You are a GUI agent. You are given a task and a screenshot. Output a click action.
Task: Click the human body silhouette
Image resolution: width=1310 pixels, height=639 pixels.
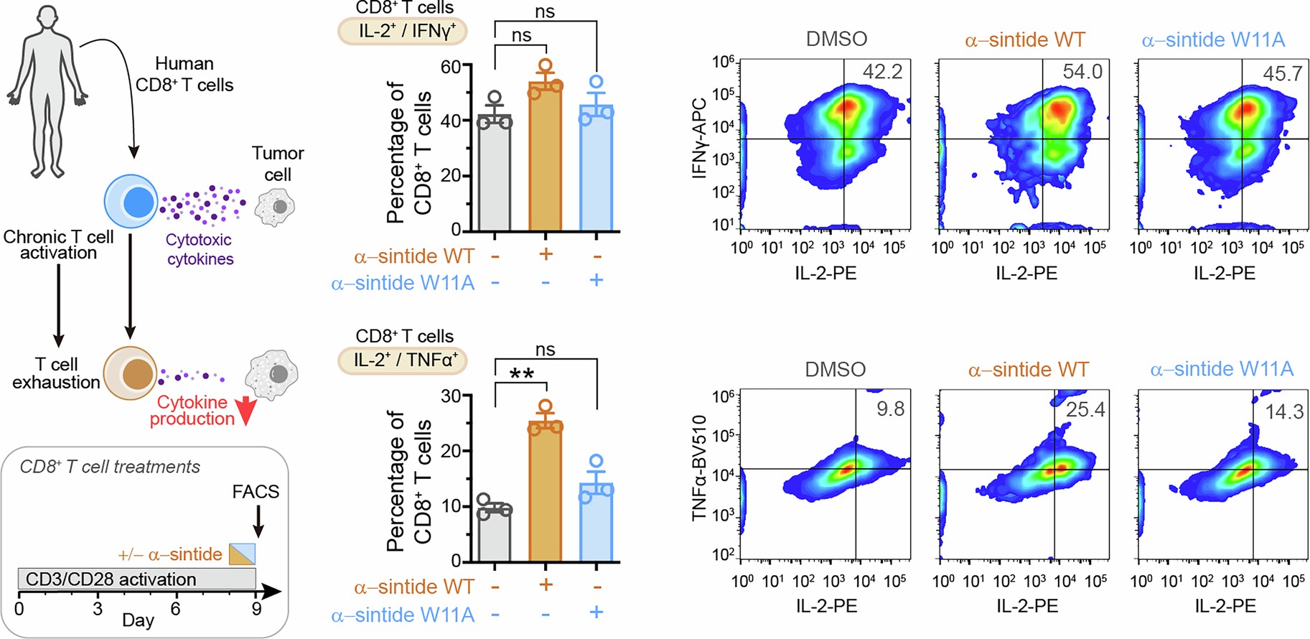(x=47, y=90)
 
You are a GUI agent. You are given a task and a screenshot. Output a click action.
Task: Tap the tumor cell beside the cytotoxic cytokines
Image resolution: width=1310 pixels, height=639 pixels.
(x=275, y=207)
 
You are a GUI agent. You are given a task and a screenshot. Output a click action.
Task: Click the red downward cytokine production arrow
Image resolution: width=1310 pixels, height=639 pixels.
(x=245, y=411)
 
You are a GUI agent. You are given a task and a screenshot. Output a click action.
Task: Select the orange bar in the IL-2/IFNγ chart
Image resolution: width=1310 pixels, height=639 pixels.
(x=546, y=158)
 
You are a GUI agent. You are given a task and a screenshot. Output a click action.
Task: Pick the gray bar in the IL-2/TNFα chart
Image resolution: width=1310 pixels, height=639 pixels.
(x=495, y=535)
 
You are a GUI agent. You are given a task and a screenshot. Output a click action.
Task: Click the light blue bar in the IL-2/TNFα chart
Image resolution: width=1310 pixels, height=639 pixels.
(x=596, y=524)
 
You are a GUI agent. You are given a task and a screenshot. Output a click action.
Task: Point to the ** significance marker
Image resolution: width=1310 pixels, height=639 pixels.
(x=522, y=375)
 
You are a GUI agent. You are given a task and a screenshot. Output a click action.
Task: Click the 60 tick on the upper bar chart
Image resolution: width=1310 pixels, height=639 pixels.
(x=452, y=66)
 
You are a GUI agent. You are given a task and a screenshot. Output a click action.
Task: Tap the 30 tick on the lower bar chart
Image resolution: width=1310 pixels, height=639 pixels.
(x=452, y=396)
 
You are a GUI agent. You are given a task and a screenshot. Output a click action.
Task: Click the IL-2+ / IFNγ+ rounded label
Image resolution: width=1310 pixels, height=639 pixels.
(x=403, y=31)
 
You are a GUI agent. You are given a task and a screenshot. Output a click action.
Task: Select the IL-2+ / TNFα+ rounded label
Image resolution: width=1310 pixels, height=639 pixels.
(x=403, y=360)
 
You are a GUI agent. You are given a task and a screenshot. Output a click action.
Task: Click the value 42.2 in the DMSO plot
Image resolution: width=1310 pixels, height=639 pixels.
(x=882, y=71)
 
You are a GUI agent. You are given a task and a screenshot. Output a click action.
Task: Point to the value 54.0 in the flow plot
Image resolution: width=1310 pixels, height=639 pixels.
(x=1082, y=71)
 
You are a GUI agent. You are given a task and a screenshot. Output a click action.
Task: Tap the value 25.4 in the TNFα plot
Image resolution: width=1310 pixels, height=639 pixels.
(x=1085, y=409)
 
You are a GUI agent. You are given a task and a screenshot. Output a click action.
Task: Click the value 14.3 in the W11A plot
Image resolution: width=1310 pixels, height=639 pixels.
(x=1283, y=411)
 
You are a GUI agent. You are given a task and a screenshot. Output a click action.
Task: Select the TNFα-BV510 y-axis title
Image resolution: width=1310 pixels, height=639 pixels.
(x=700, y=467)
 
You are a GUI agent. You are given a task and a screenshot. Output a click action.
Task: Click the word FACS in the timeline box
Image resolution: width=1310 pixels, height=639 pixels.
(x=256, y=492)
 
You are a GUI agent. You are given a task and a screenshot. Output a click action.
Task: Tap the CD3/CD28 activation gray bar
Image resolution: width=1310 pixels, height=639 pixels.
(x=136, y=579)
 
